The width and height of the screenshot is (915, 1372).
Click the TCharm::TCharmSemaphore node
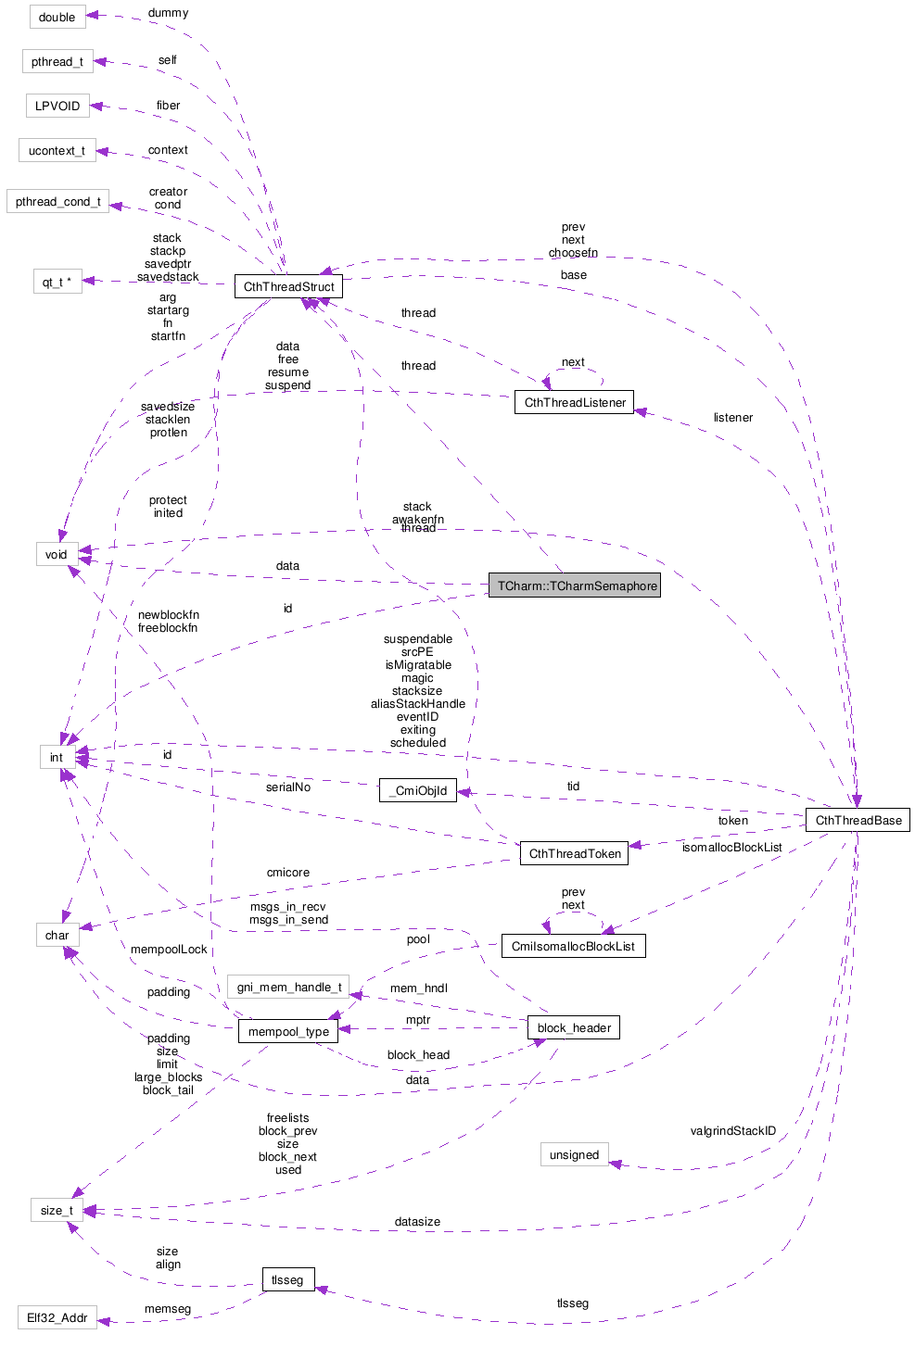[575, 585]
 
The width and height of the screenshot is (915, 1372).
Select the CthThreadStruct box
[288, 286]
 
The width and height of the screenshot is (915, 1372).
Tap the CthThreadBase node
[858, 820]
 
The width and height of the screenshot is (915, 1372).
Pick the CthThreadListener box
[575, 402]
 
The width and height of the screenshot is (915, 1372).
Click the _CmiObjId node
[418, 790]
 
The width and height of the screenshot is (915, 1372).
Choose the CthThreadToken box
[575, 853]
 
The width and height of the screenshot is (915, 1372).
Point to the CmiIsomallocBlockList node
[573, 946]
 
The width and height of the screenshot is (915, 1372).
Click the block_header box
[574, 1027]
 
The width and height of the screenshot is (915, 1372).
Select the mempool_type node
[288, 1031]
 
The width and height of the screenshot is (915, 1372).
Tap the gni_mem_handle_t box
[288, 987]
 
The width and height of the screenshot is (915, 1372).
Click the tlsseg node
[287, 1279]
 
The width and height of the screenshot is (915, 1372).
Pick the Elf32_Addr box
[57, 1317]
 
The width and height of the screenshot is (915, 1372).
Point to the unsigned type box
[574, 1154]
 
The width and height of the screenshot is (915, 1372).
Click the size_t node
[57, 1210]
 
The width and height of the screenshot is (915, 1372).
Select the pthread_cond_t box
[57, 201]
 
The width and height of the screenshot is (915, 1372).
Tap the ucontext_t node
[57, 150]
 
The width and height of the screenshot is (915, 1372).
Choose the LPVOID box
[57, 106]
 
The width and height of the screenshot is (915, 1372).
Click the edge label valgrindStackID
[732, 1130]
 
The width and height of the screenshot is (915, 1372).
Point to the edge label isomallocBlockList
[731, 847]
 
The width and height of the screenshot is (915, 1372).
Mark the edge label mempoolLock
[169, 949]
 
